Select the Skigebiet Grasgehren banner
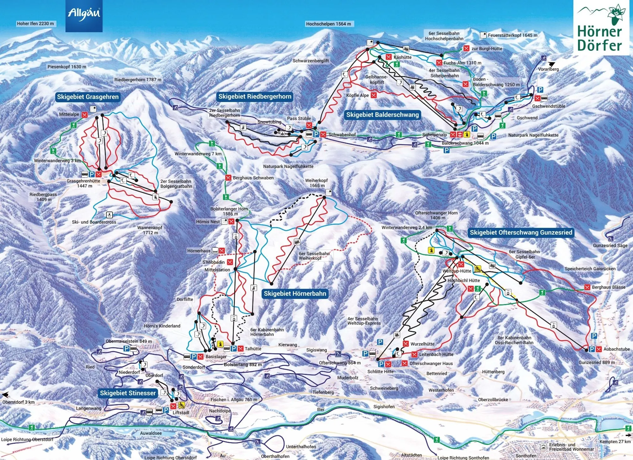pos(88,97)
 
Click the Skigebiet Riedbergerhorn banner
pos(255,97)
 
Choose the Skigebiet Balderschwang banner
pos(382,115)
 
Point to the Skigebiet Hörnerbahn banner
pos(295,293)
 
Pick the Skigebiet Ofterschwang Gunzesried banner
pos(521,232)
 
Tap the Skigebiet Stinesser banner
pos(128,393)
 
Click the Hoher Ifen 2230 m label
pos(35,24)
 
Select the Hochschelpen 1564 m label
pos(328,24)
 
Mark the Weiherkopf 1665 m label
pos(316,183)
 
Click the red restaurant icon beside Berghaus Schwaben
pos(228,178)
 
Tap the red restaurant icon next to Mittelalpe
pos(85,115)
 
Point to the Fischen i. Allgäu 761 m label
pos(234,400)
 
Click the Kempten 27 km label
pos(615,441)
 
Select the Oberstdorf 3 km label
pos(18,402)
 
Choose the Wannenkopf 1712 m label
pos(150,230)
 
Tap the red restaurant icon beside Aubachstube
pos(599,349)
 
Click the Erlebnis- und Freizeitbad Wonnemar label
pos(571,447)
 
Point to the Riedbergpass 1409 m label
pos(43,197)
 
